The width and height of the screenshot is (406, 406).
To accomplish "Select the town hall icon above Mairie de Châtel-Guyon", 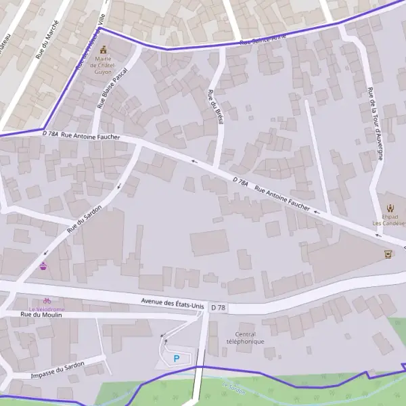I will (x=104, y=49).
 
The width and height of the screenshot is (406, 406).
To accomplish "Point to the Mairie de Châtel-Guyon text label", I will (x=104, y=65).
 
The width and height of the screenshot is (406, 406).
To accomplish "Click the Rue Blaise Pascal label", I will (x=112, y=88).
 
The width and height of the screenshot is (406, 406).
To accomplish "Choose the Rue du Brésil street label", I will (x=215, y=107).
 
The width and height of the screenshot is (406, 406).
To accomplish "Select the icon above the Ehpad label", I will (x=390, y=208).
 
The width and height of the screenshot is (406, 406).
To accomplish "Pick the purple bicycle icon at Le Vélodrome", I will (x=47, y=300).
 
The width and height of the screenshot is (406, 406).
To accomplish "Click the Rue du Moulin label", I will (x=41, y=315).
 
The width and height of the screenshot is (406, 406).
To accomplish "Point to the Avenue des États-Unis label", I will (x=172, y=302).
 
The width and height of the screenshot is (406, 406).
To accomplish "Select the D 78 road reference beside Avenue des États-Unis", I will (x=218, y=307).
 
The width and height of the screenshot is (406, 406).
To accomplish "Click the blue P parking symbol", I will (x=177, y=358).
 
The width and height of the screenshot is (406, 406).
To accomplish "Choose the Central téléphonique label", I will (x=245, y=338).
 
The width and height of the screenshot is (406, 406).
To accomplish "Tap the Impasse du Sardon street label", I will (x=58, y=369).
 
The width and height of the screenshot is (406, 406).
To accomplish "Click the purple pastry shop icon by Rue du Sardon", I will (x=44, y=266).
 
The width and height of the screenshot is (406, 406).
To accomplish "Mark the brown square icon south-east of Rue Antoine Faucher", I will (x=388, y=254).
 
